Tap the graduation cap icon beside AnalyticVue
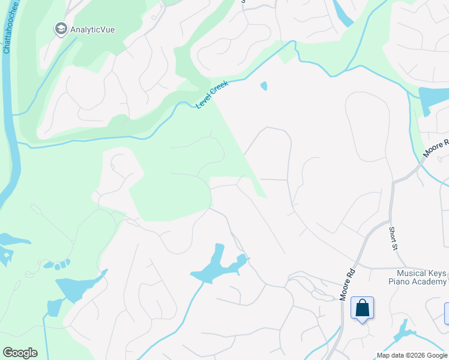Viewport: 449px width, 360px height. (x=61, y=28)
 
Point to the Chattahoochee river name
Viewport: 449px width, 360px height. (x=8, y=27)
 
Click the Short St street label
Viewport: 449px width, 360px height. (x=393, y=238)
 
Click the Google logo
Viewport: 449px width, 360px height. (x=20, y=353)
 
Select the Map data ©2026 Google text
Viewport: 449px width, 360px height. (x=412, y=355)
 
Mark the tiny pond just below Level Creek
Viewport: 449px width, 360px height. (x=264, y=86)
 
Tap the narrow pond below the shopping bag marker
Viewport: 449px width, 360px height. (x=403, y=331)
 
